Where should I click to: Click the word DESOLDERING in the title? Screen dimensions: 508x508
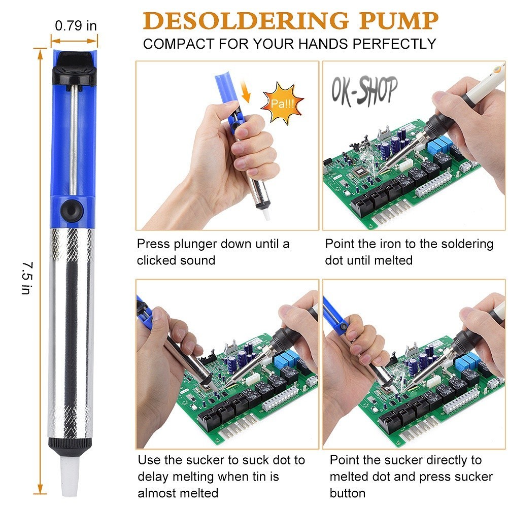point(246,21)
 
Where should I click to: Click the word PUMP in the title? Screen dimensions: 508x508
point(398,21)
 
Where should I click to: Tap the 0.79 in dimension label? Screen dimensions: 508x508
point(76,25)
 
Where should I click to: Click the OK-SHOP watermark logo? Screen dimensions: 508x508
point(364,91)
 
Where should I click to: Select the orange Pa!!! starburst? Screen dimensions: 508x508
point(282,104)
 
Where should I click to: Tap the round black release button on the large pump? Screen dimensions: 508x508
point(71,211)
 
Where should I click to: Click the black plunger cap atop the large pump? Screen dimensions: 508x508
point(75,70)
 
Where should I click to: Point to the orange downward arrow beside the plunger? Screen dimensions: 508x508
point(246,91)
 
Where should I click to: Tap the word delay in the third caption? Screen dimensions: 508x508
point(153,477)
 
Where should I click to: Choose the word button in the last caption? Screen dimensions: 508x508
point(347,493)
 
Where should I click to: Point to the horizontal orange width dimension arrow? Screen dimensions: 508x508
point(74,41)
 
